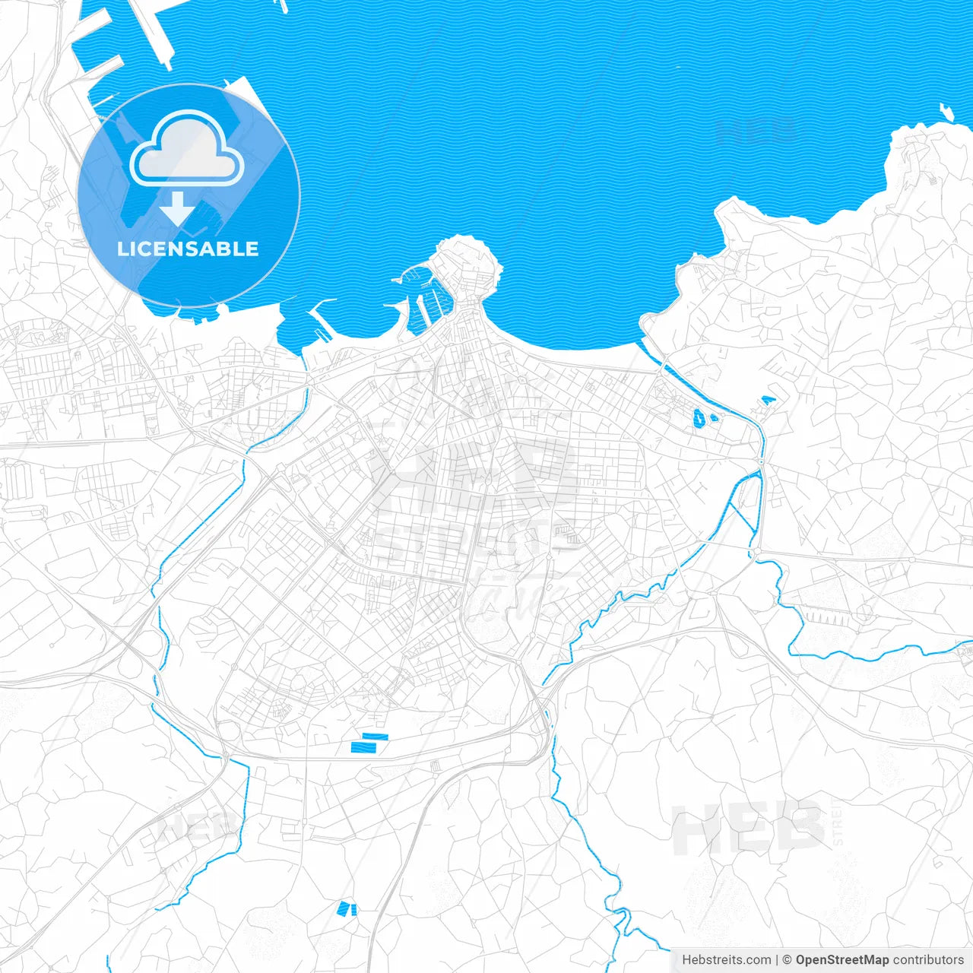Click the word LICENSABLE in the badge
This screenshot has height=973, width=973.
pyautogui.click(x=188, y=249)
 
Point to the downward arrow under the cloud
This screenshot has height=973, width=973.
pyautogui.click(x=177, y=209)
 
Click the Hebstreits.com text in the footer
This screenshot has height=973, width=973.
pyautogui.click(x=726, y=960)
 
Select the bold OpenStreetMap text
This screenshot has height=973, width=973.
pyautogui.click(x=841, y=960)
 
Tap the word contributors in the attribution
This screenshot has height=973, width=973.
pyautogui.click(x=928, y=960)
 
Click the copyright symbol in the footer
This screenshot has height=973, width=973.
pyautogui.click(x=788, y=960)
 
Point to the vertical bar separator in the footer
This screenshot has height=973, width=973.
pyautogui.click(x=777, y=960)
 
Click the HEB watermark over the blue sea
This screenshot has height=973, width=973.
pyautogui.click(x=756, y=131)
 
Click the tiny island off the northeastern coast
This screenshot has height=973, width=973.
pyautogui.click(x=946, y=113)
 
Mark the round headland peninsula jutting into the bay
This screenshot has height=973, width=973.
pyautogui.click(x=467, y=262)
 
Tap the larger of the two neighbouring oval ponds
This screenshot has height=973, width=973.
pyautogui.click(x=699, y=416)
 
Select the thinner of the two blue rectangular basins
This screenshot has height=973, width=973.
pyautogui.click(x=376, y=736)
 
